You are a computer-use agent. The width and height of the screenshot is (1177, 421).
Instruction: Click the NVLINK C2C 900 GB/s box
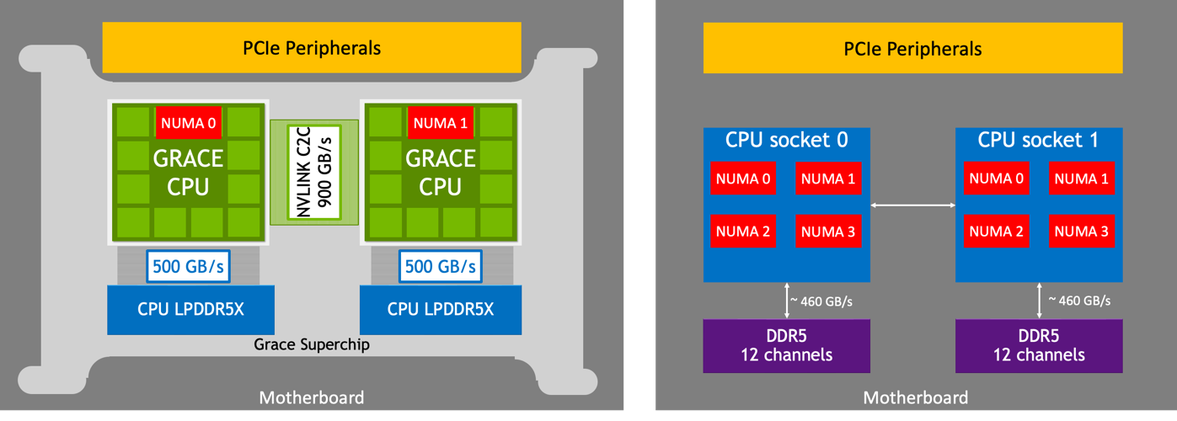coord(313,172)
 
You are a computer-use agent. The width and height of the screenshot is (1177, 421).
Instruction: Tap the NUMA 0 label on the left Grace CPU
coord(189,123)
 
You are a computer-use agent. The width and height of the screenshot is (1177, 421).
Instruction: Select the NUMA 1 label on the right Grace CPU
coord(441,123)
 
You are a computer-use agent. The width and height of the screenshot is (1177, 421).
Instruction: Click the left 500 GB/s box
coord(189,267)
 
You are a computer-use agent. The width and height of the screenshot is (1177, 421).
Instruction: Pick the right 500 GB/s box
coord(441,267)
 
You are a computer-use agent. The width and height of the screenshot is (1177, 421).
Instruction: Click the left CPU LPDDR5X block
coord(190,310)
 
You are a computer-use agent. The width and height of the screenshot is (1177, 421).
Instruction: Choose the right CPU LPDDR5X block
coord(441,310)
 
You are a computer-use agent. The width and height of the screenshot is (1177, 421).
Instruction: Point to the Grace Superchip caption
coord(311,344)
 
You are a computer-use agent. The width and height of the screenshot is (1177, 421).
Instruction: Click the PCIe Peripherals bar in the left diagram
coord(312,47)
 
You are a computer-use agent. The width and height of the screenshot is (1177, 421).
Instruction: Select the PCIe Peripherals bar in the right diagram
coord(912,49)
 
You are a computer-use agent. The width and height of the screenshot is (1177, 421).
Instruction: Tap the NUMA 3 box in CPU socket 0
coord(827,231)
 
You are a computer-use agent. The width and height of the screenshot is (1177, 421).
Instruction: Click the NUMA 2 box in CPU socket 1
coord(996,231)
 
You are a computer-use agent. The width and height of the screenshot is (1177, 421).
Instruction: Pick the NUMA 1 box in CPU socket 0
coord(827,179)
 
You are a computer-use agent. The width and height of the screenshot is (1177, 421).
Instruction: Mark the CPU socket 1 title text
coord(1038,140)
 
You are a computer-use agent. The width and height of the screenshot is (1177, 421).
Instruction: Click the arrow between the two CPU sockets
coord(912,205)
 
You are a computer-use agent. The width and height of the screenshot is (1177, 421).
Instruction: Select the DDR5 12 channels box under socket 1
coord(1039,345)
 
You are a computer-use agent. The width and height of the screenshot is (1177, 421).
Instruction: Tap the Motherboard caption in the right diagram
coord(916,397)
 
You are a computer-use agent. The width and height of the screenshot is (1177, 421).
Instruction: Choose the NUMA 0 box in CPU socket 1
coord(996,179)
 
